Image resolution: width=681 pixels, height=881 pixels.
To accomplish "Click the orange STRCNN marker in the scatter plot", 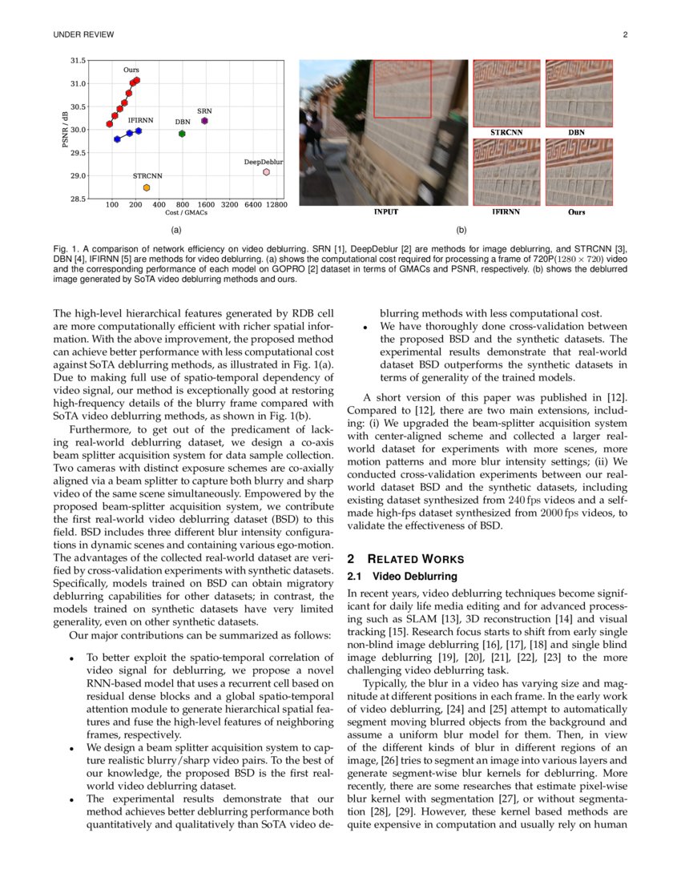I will coord(147,187).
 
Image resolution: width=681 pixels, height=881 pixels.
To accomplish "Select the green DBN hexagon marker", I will coord(182,134).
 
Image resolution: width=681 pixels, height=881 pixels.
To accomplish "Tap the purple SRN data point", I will coord(204,121).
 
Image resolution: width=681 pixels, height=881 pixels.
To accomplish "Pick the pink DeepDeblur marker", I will coord(266,171).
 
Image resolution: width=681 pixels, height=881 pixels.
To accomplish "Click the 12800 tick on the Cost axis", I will coord(276,205).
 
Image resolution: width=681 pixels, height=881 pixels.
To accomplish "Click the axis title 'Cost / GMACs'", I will coord(186,213).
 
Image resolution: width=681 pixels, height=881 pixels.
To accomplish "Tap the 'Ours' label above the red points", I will coord(131,70).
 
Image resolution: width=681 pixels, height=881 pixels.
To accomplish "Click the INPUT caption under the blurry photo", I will coord(385,212).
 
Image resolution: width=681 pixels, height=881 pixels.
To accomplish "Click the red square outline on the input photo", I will coord(403,89).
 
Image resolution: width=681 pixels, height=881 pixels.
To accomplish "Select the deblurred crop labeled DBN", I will coord(578,92).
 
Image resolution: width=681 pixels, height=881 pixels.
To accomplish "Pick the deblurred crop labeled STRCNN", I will coord(506,92).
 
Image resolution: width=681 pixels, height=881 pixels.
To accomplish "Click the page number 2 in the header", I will coord(625,34).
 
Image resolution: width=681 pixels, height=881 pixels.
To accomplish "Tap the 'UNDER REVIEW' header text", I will coord(83,34).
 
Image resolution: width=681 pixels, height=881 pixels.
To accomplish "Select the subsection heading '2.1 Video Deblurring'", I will coord(402,576).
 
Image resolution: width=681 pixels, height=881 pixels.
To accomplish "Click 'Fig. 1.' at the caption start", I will coord(66,249).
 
